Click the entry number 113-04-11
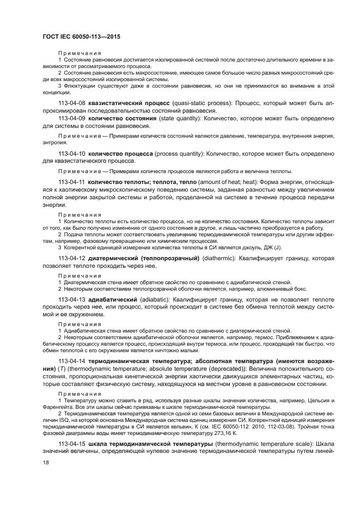point(71,182)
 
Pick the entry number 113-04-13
point(71,300)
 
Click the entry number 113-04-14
point(71,362)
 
